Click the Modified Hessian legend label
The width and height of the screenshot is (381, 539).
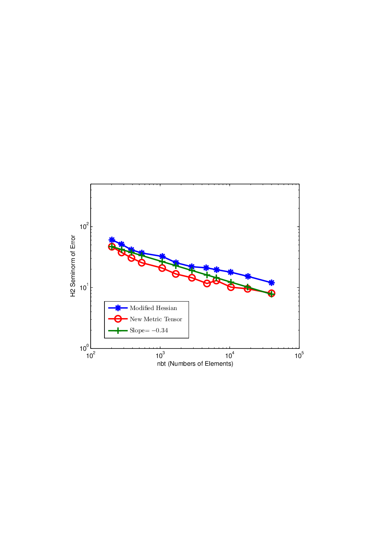tap(153, 308)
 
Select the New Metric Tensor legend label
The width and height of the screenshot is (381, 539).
tap(156, 319)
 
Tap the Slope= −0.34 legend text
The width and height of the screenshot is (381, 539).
tap(149, 330)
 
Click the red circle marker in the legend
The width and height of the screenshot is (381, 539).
tap(118, 319)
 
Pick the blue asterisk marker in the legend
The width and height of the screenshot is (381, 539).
tap(118, 308)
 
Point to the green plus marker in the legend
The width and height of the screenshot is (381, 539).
tap(118, 331)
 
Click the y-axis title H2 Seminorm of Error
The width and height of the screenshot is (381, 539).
tap(73, 266)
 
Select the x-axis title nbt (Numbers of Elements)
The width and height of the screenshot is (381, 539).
tap(195, 363)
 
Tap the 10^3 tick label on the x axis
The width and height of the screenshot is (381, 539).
tap(160, 355)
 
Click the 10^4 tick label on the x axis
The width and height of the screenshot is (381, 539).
tap(230, 355)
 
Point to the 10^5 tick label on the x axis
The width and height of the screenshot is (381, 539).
tap(299, 355)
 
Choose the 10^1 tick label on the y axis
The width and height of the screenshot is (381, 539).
tap(84, 287)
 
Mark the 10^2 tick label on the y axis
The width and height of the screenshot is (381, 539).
tap(84, 226)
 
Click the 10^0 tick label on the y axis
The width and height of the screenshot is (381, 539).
tap(84, 348)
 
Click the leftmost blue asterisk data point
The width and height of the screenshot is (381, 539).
tap(112, 240)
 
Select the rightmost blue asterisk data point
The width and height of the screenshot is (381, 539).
tap(272, 282)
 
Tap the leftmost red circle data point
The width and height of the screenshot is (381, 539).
tap(112, 247)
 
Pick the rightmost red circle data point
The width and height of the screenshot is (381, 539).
tap(272, 294)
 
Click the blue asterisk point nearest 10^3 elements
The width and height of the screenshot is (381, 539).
tap(162, 256)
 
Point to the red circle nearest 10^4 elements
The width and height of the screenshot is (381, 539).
tap(231, 287)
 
